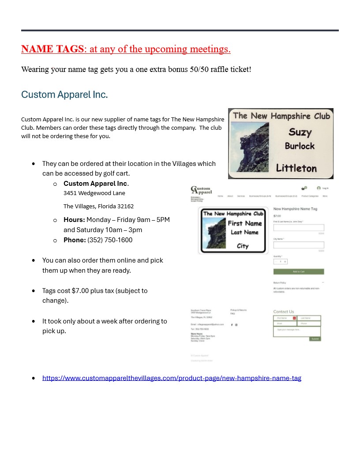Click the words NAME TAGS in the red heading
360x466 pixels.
click(x=52, y=49)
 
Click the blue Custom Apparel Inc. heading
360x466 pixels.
click(x=64, y=94)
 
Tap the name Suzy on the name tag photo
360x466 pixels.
click(x=300, y=132)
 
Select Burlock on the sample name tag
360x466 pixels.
click(x=300, y=146)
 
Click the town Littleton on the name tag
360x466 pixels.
click(x=296, y=168)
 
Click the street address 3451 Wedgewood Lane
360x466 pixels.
click(x=94, y=193)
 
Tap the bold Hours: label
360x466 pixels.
click(x=74, y=220)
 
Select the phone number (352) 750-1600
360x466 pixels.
click(x=110, y=240)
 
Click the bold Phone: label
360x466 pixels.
click(x=75, y=240)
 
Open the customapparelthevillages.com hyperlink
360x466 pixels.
click(x=172, y=378)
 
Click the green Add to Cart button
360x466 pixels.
click(x=299, y=271)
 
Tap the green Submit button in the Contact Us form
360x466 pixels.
click(x=315, y=339)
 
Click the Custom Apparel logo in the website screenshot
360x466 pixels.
click(x=201, y=190)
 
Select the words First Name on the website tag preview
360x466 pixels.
click(x=245, y=223)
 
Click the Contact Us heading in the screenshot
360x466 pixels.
click(x=284, y=312)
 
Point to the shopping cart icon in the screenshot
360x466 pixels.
click(x=304, y=188)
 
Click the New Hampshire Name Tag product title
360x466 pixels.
click(x=295, y=209)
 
